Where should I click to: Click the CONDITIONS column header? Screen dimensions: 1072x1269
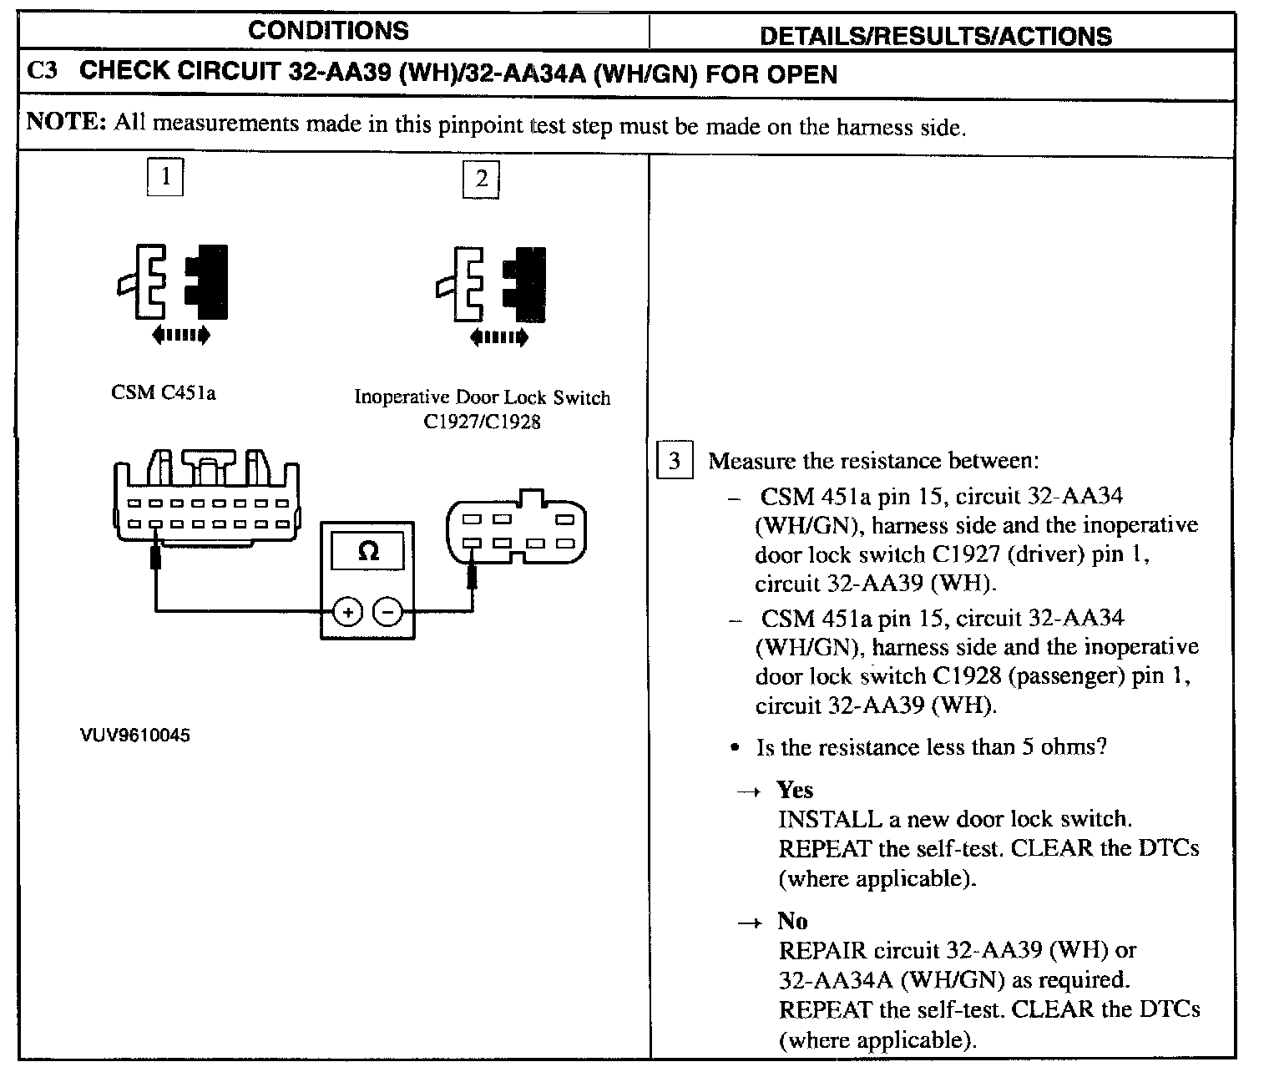[x=328, y=31]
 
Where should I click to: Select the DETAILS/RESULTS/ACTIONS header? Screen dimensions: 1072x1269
[x=936, y=36]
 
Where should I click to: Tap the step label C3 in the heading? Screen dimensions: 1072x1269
[x=43, y=72]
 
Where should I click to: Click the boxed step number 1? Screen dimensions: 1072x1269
[x=165, y=176]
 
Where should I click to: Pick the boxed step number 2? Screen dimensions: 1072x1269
[x=481, y=180]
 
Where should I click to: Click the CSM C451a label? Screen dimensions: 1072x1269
[x=164, y=392]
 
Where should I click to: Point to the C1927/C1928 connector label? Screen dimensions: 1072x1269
[x=482, y=422]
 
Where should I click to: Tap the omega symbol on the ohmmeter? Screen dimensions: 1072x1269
[x=367, y=551]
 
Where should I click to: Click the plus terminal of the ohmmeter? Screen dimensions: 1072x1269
[x=347, y=612]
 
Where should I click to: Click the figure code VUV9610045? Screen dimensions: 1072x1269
[x=135, y=736]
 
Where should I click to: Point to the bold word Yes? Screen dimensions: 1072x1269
[x=795, y=790]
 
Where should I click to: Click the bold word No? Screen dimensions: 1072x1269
[x=792, y=921]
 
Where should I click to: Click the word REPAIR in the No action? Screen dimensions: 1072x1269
[x=822, y=950]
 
